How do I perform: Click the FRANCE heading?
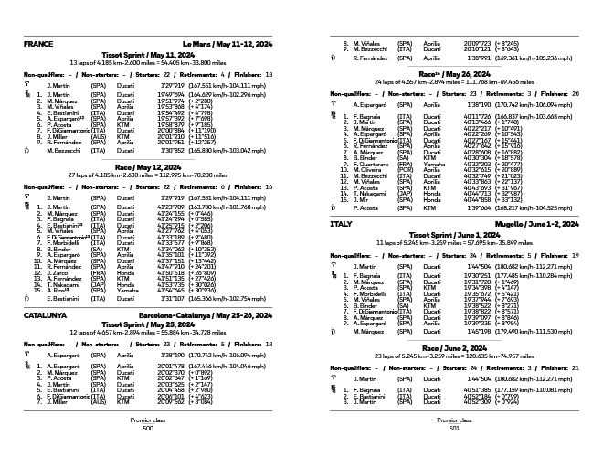point(38,44)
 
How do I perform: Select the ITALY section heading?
point(340,223)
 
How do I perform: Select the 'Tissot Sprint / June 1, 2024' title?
point(454,234)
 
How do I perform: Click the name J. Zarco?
point(59,273)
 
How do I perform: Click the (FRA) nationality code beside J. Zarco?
point(98,273)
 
